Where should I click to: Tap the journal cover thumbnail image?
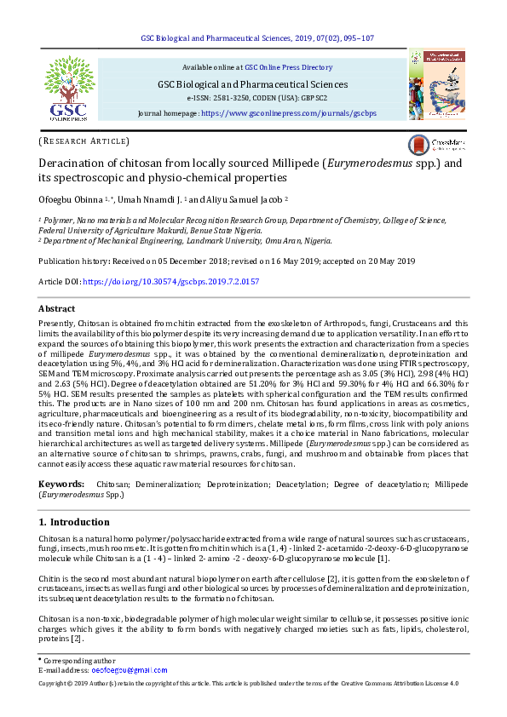(436, 83)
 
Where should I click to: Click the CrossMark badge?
(435, 144)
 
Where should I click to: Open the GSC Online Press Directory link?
(288, 66)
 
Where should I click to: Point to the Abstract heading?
(57, 308)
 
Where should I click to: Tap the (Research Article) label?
(84, 141)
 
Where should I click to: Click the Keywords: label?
(61, 484)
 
